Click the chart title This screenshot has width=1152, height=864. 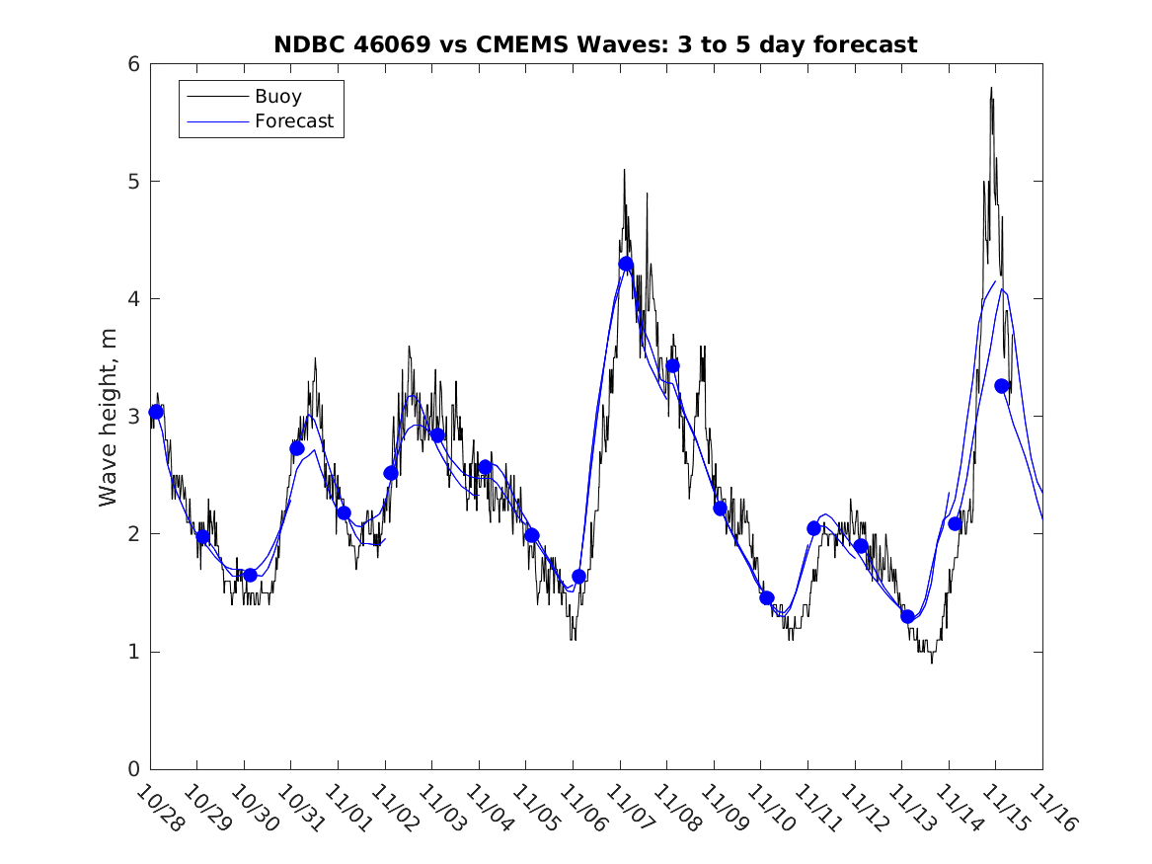click(595, 44)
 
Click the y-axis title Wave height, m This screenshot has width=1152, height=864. click(109, 418)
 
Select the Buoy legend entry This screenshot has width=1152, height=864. click(278, 97)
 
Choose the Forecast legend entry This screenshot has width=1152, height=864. click(293, 121)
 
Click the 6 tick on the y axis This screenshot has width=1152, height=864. click(133, 64)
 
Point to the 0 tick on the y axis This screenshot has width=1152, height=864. click(133, 769)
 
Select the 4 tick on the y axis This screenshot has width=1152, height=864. click(133, 299)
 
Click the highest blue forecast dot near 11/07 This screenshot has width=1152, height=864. click(625, 264)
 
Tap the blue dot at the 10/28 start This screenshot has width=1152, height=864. click(156, 412)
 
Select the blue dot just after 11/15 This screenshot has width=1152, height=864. click(1001, 386)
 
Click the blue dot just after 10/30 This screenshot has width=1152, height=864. click(250, 575)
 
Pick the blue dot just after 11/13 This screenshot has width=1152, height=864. click(907, 616)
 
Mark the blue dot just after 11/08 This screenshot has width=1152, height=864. click(672, 366)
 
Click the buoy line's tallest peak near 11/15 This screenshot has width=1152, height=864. click(990, 88)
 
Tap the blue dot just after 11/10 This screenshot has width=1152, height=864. click(766, 597)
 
